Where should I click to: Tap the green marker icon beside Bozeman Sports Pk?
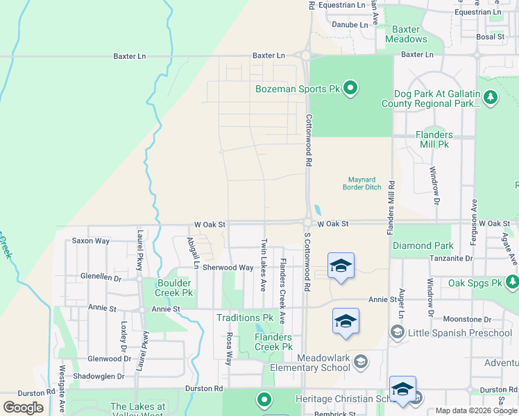pyautogui.click(x=350, y=88)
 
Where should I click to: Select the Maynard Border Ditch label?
pyautogui.click(x=363, y=183)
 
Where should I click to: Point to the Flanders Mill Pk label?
pyautogui.click(x=434, y=139)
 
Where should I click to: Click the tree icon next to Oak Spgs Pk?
pyautogui.click(x=512, y=281)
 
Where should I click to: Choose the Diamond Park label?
pyautogui.click(x=423, y=245)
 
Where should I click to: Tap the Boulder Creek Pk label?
pyautogui.click(x=154, y=288)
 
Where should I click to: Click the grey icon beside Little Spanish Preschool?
pyautogui.click(x=397, y=333)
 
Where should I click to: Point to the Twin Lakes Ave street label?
pyautogui.click(x=264, y=266)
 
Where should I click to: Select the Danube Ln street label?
pyautogui.click(x=350, y=24)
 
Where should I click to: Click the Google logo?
pyautogui.click(x=23, y=408)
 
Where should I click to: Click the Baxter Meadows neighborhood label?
pyautogui.click(x=407, y=34)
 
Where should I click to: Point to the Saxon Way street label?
pyautogui.click(x=91, y=241)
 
